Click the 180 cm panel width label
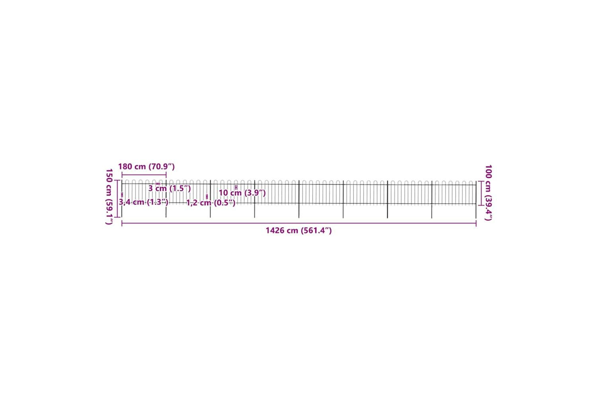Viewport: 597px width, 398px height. (x=146, y=167)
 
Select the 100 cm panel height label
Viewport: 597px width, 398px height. (x=488, y=193)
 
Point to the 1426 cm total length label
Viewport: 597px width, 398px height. (x=299, y=230)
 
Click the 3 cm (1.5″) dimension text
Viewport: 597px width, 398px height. (x=170, y=189)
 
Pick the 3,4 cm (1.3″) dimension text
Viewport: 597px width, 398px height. (x=143, y=202)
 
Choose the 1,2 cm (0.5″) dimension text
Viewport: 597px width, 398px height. (x=211, y=203)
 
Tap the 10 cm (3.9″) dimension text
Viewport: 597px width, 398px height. (x=242, y=193)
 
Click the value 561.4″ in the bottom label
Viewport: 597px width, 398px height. (x=316, y=230)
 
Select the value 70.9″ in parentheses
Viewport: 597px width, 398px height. (x=162, y=167)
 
